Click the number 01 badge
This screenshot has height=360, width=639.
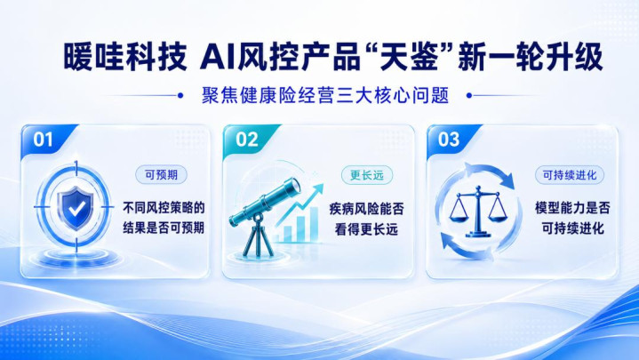tap(44, 140)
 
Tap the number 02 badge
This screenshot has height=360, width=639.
tap(246, 140)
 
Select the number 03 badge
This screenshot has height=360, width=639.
tap(449, 140)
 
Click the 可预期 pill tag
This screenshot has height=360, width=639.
tap(162, 175)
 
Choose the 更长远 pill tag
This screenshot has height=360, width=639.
tap(367, 175)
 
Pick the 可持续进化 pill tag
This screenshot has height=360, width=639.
tap(570, 175)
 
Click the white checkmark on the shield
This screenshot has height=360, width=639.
tap(76, 209)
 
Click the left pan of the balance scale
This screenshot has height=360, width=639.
tap(459, 217)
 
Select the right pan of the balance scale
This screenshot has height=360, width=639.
tap(497, 217)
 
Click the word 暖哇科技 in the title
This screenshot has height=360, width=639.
tap(125, 58)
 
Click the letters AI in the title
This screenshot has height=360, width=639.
tap(217, 58)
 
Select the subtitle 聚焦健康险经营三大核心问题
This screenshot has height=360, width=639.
tap(325, 96)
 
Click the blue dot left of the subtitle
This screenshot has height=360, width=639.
tap(180, 96)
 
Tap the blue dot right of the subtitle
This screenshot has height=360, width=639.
tap(469, 96)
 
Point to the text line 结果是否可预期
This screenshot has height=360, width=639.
tap(164, 228)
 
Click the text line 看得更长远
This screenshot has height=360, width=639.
tap(366, 229)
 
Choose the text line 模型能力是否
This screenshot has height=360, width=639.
tap(572, 208)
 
